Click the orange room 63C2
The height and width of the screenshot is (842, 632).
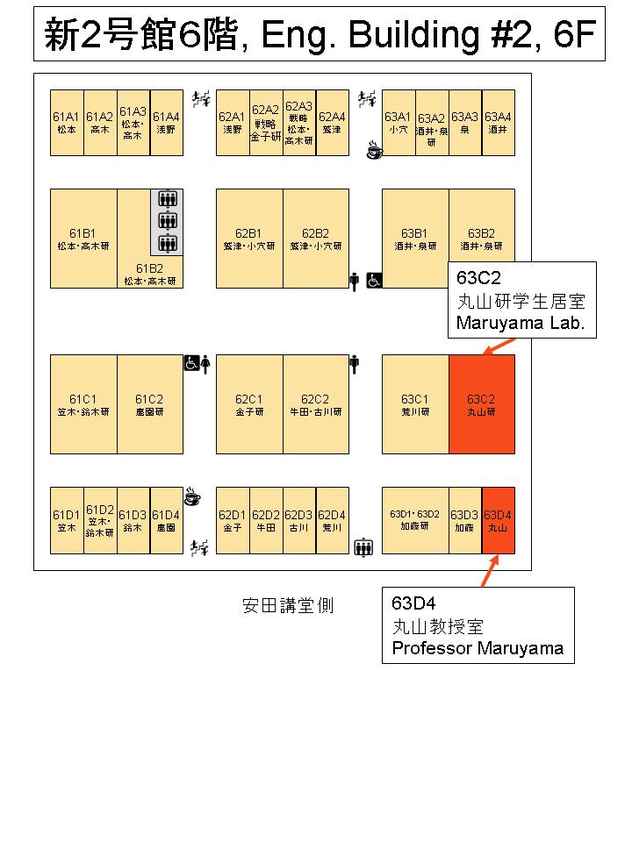point(482,404)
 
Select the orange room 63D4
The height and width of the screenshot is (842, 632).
point(499,521)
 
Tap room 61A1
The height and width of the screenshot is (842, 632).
point(67,123)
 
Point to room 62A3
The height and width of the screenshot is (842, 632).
point(299,123)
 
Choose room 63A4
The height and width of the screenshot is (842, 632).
point(499,123)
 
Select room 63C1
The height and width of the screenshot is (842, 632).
point(415,404)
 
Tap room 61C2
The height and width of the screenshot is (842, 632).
point(150,404)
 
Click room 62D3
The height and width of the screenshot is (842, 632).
point(299,521)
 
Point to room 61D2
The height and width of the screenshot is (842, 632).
point(100,521)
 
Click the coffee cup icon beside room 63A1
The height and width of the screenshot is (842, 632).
point(374,151)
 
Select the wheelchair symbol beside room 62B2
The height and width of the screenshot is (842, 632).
point(373,281)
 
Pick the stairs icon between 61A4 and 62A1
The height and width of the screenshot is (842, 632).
point(200,98)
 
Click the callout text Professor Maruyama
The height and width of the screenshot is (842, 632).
point(478,649)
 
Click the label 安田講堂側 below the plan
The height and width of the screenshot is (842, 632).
point(288,606)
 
